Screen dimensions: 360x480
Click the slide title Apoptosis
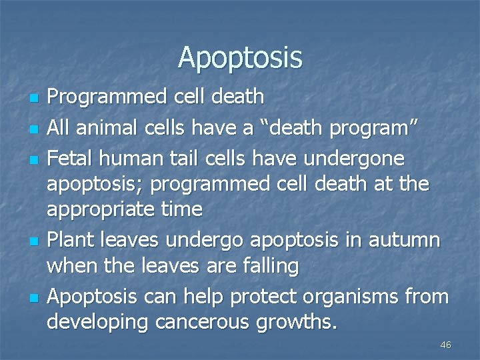[x=240, y=58]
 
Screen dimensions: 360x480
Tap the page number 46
[x=446, y=345]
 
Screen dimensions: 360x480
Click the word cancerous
[x=199, y=323]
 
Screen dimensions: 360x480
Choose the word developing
[x=98, y=323]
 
